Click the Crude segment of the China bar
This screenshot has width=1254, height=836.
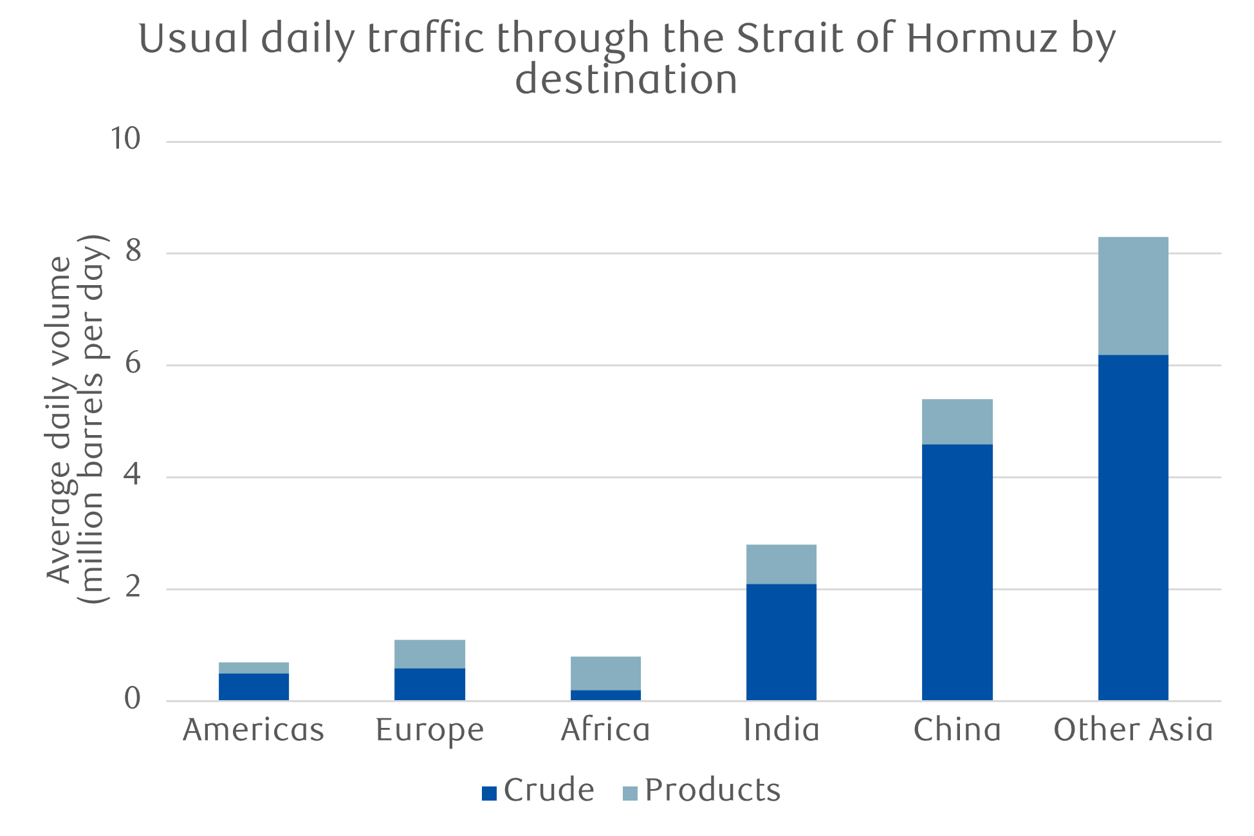(957, 571)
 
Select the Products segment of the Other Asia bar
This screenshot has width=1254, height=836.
(1132, 296)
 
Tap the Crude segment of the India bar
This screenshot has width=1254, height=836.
(781, 642)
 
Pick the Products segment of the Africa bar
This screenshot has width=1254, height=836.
(605, 673)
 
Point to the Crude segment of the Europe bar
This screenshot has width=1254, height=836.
(429, 684)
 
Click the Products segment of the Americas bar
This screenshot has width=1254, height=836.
(254, 668)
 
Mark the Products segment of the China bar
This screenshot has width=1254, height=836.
(957, 422)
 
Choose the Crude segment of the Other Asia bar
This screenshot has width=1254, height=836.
(1132, 527)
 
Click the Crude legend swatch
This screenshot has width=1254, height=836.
(489, 793)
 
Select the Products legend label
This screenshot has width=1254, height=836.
(712, 790)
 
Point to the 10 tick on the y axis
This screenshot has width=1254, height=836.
(125, 139)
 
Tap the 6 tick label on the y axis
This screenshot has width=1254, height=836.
(133, 364)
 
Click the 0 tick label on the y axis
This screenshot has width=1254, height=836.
(133, 699)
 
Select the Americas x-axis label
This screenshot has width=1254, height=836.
(254, 730)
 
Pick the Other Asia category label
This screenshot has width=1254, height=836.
(1132, 730)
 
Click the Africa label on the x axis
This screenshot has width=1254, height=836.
(605, 730)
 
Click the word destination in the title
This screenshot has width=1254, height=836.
(626, 80)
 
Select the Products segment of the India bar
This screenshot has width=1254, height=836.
(781, 564)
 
